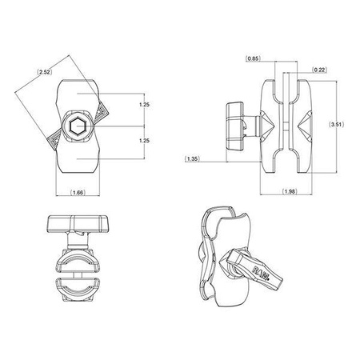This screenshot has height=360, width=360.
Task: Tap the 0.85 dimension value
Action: coord(253,58)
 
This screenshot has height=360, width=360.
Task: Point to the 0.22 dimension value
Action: coord(318,69)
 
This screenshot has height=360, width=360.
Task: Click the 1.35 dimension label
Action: coord(192,158)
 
